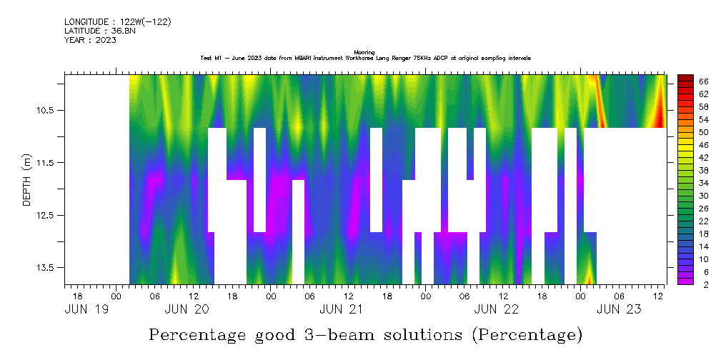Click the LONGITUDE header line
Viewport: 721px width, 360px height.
(x=117, y=22)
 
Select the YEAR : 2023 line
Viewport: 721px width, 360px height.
(x=90, y=40)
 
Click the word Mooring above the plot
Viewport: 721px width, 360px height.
(x=364, y=52)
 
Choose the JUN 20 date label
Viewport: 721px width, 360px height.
(x=187, y=309)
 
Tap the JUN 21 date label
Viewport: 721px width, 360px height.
(x=341, y=309)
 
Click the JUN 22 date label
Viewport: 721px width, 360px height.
(x=497, y=309)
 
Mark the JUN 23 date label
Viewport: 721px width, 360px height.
(x=619, y=309)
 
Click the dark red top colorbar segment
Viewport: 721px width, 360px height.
(x=685, y=78)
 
